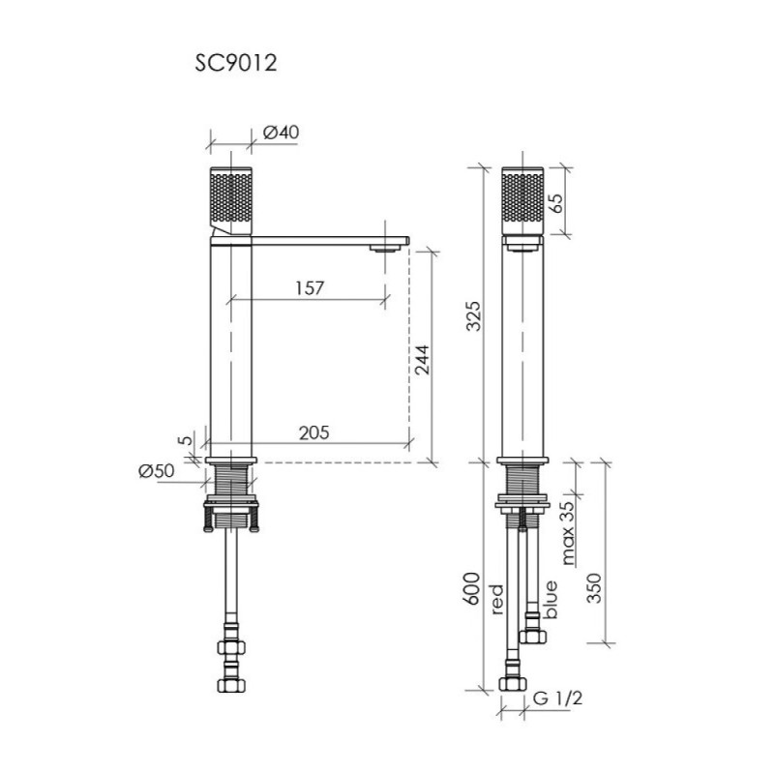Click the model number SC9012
(236, 63)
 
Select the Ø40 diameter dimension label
(281, 133)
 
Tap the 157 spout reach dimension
(310, 287)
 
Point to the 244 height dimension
(422, 360)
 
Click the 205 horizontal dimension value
(313, 432)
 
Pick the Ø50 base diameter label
(157, 471)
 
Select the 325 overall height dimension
(473, 316)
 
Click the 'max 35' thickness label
(568, 533)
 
